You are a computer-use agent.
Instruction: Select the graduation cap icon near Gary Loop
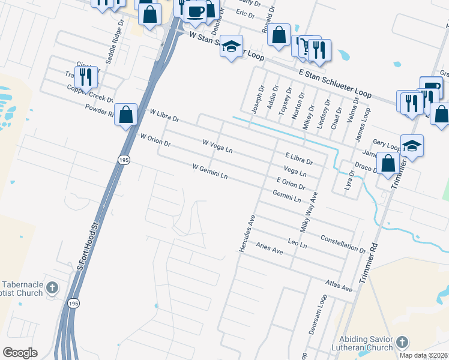coord(412,146)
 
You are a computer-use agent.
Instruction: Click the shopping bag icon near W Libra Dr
coord(125,114)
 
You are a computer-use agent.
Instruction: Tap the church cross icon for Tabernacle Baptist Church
coord(52,287)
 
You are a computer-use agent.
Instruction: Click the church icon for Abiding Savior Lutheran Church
coord(402,343)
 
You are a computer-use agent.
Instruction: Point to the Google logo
coord(20,353)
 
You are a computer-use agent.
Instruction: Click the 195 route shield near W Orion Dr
coord(122,160)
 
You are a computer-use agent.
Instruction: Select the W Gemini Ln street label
coord(210,171)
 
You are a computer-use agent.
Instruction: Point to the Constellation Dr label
coord(343,244)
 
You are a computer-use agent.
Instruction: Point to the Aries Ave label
coord(269,248)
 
